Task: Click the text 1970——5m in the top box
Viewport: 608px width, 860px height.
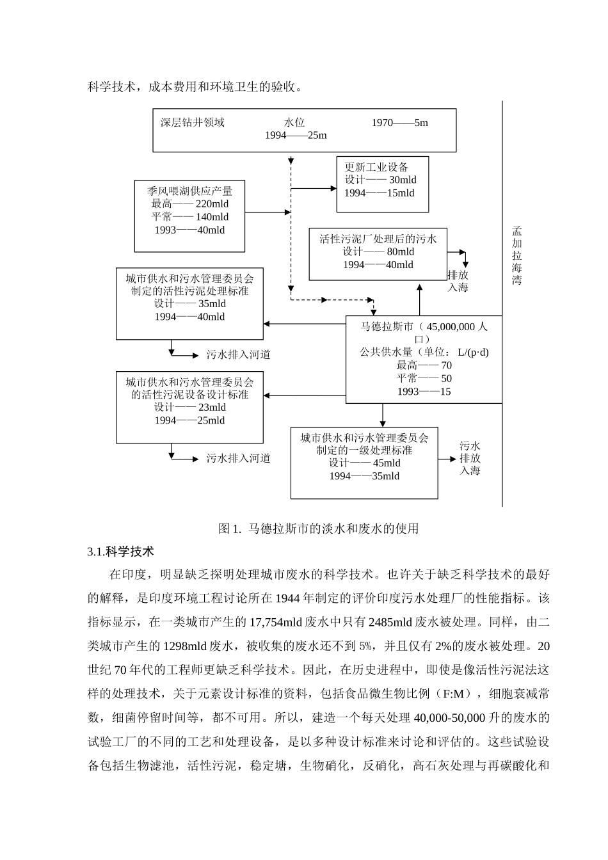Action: click(x=399, y=123)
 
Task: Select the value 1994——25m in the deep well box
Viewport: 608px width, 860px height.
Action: click(x=296, y=136)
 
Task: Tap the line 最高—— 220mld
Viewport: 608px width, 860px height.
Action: click(x=189, y=204)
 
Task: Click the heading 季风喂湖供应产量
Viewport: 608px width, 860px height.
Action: click(x=189, y=191)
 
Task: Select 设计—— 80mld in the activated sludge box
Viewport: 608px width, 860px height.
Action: click(x=378, y=251)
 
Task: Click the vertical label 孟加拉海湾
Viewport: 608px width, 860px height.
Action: click(x=516, y=256)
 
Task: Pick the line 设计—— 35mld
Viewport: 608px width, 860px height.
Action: click(x=189, y=304)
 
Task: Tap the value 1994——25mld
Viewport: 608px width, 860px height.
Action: click(x=189, y=420)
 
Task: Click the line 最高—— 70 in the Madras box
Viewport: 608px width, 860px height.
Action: click(x=424, y=365)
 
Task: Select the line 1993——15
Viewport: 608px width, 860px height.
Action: click(x=424, y=392)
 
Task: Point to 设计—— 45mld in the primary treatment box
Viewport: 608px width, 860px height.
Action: click(x=364, y=463)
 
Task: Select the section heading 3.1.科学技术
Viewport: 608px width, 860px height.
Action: click(x=120, y=552)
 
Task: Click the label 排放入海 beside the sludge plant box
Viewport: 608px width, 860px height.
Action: click(x=458, y=281)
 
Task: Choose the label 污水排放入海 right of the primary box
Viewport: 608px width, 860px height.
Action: click(x=470, y=458)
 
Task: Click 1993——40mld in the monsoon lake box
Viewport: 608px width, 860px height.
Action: click(x=189, y=230)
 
